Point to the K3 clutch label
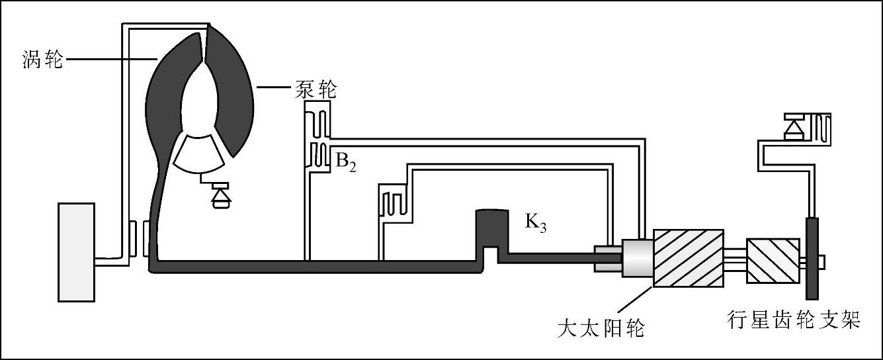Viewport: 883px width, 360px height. pyautogui.click(x=536, y=222)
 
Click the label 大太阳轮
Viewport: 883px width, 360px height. pyautogui.click(x=601, y=327)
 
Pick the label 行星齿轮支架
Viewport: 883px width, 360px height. pyautogui.click(x=793, y=320)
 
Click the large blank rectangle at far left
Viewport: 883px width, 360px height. pyautogui.click(x=78, y=252)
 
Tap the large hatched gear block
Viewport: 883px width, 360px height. pyautogui.click(x=688, y=257)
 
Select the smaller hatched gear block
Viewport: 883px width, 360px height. pyautogui.click(x=773, y=261)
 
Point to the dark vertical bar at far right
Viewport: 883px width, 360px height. pyautogui.click(x=812, y=258)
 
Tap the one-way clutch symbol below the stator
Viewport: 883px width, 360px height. pyautogui.click(x=219, y=196)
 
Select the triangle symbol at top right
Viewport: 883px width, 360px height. pyautogui.click(x=792, y=126)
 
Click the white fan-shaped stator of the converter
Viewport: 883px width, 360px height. pyautogui.click(x=198, y=150)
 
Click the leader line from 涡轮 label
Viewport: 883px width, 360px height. pyautogui.click(x=109, y=60)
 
